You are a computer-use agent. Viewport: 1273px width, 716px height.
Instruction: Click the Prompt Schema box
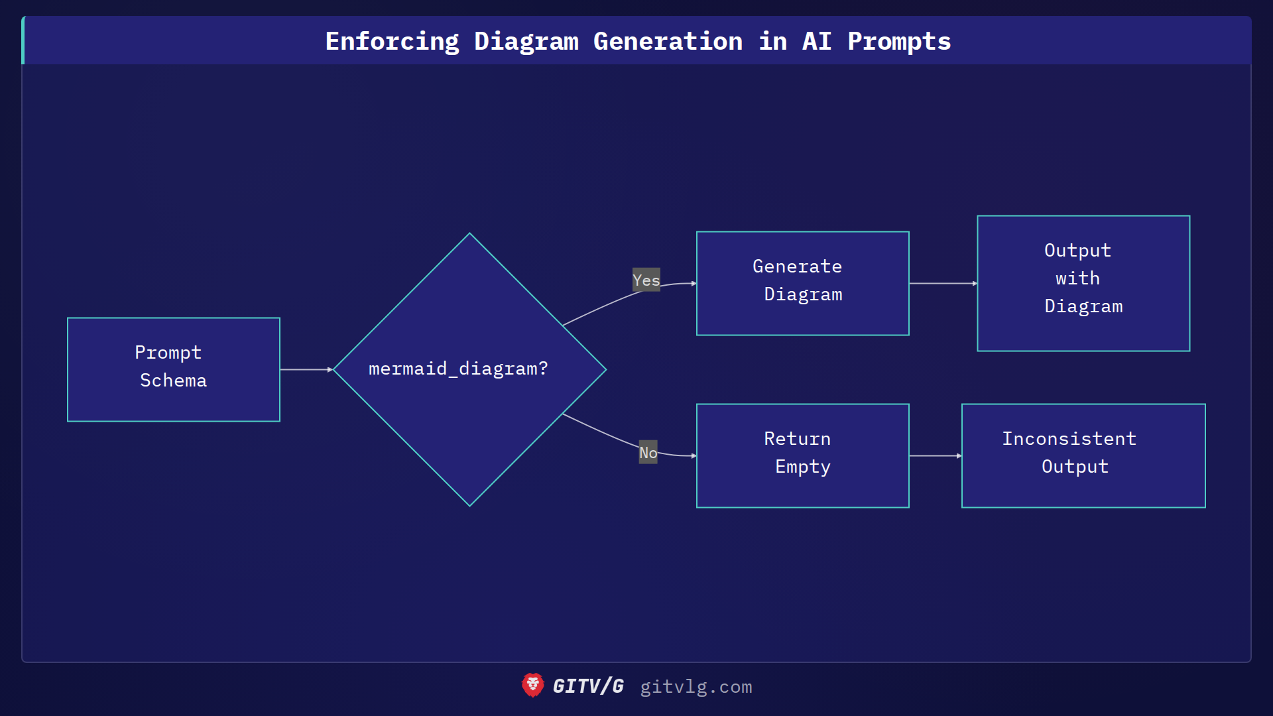[173, 369]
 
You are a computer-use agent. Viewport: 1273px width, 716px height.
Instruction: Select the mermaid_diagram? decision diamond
[469, 369]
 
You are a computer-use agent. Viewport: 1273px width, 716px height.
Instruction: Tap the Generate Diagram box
[802, 283]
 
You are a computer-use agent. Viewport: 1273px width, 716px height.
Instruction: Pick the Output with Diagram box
[1083, 283]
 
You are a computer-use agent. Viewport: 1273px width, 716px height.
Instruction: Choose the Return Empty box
[802, 455]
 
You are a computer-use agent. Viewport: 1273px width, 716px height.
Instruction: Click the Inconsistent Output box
[1083, 455]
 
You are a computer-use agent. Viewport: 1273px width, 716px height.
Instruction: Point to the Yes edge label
[646, 280]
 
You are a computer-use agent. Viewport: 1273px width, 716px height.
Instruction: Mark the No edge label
[648, 452]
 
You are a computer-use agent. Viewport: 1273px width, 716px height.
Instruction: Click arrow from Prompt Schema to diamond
[305, 369]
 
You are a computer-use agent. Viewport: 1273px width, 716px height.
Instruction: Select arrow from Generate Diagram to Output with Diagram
[941, 283]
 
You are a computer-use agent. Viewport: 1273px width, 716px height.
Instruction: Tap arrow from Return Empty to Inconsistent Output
[934, 455]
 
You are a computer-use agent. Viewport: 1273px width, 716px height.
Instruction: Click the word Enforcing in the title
[392, 41]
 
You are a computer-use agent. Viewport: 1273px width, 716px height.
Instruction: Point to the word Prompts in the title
[899, 41]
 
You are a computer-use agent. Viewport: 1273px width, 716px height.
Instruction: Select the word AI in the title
[816, 41]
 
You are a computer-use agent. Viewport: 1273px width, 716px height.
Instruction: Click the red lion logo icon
[532, 686]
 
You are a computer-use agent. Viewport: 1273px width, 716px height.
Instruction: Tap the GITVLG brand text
[588, 686]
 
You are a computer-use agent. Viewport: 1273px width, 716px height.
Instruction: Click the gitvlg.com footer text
[696, 687]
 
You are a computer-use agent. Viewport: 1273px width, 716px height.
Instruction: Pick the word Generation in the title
[668, 41]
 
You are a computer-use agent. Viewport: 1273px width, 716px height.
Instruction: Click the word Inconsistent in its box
[1069, 439]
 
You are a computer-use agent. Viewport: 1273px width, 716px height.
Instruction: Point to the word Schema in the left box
[173, 381]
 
